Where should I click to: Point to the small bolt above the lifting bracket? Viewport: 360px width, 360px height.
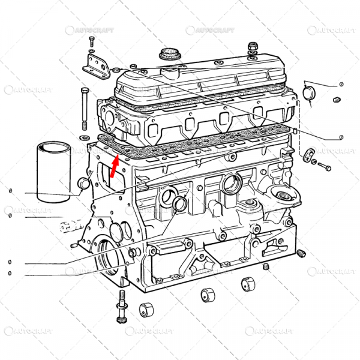point(92,41)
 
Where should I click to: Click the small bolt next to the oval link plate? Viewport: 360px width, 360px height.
point(325,165)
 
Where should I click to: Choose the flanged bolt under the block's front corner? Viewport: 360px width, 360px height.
point(121,306)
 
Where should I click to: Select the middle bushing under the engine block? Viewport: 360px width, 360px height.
point(207,295)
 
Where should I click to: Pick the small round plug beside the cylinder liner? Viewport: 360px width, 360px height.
point(84,183)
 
